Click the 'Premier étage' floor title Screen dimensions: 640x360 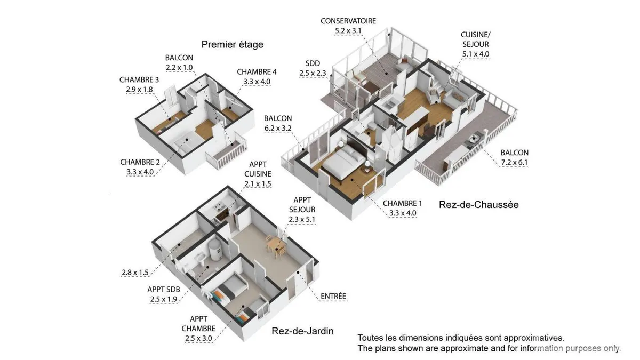tap(233, 45)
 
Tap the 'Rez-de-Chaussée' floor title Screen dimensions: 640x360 tap(478, 205)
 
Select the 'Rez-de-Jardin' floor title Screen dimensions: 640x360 tap(302, 331)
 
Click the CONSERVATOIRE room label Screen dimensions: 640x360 tap(348, 21)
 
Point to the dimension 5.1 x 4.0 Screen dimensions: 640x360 tap(476, 54)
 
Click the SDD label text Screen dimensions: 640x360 tap(313, 63)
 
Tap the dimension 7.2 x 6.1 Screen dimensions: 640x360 tap(514, 162)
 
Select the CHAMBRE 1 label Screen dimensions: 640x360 tap(402, 203)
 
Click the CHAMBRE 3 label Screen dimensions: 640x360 tap(139, 79)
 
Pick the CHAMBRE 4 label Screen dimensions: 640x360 tap(257, 71)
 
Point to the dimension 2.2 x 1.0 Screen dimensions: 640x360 tap(179, 67)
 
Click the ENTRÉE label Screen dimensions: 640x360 tap(333, 296)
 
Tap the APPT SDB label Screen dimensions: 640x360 tap(163, 290)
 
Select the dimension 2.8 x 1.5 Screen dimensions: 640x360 tap(135, 273)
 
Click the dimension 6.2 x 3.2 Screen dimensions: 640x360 tap(278, 128)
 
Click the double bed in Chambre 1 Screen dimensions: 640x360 tap(345, 162)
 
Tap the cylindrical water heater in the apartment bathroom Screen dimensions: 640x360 tap(214, 250)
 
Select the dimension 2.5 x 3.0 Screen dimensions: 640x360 tap(198, 338)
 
